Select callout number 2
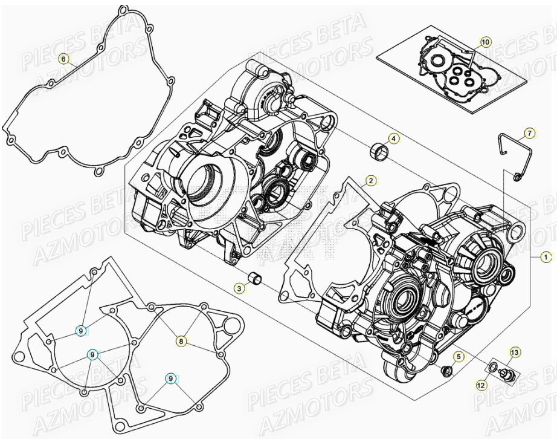point(371,180)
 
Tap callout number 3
point(240,289)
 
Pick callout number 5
point(459,357)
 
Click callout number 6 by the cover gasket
point(62,59)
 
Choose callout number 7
point(528,132)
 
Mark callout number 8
point(181,342)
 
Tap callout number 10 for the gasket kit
point(486,42)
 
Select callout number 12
point(481,384)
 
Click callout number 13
point(515,352)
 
